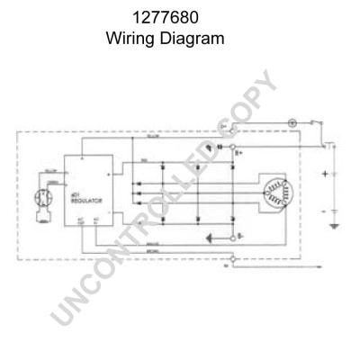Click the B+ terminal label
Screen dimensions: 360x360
(239, 154)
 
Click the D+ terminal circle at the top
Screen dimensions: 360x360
(233, 130)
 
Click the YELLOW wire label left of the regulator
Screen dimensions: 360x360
(51, 169)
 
